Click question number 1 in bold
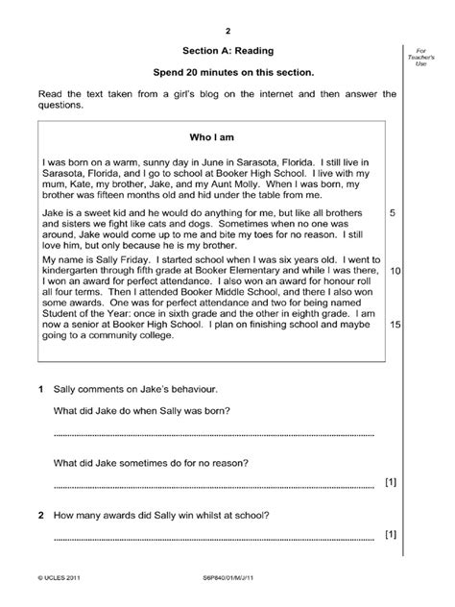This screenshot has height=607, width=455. pyautogui.click(x=39, y=391)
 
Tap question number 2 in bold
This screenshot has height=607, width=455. pyautogui.click(x=39, y=514)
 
